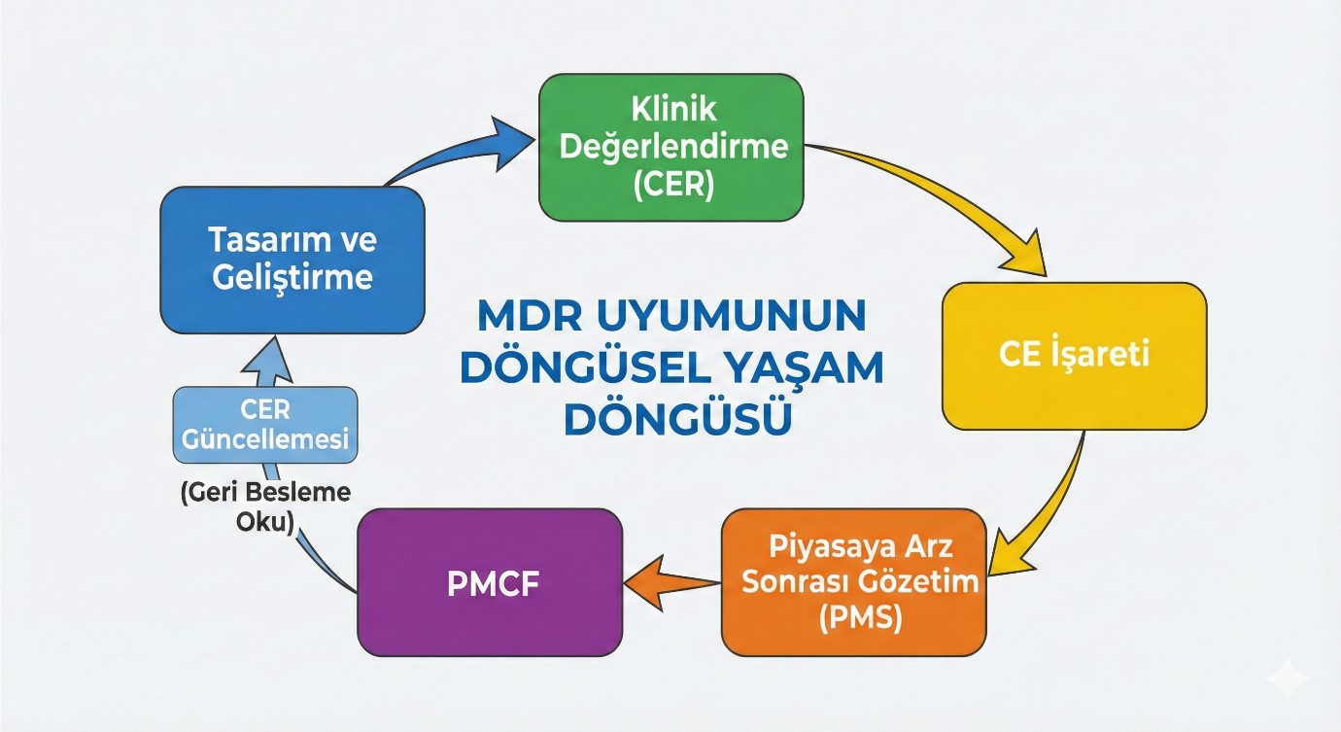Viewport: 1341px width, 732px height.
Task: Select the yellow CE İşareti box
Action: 1074,356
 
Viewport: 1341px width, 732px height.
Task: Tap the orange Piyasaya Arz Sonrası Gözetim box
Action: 853,581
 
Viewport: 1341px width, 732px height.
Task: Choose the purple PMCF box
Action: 490,582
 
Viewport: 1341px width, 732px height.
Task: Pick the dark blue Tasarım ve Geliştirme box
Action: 292,260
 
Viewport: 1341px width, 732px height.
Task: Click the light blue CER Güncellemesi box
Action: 265,424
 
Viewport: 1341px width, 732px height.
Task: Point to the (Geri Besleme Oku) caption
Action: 265,505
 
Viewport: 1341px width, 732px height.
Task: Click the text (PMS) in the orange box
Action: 853,618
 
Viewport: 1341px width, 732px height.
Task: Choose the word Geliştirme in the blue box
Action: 292,277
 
